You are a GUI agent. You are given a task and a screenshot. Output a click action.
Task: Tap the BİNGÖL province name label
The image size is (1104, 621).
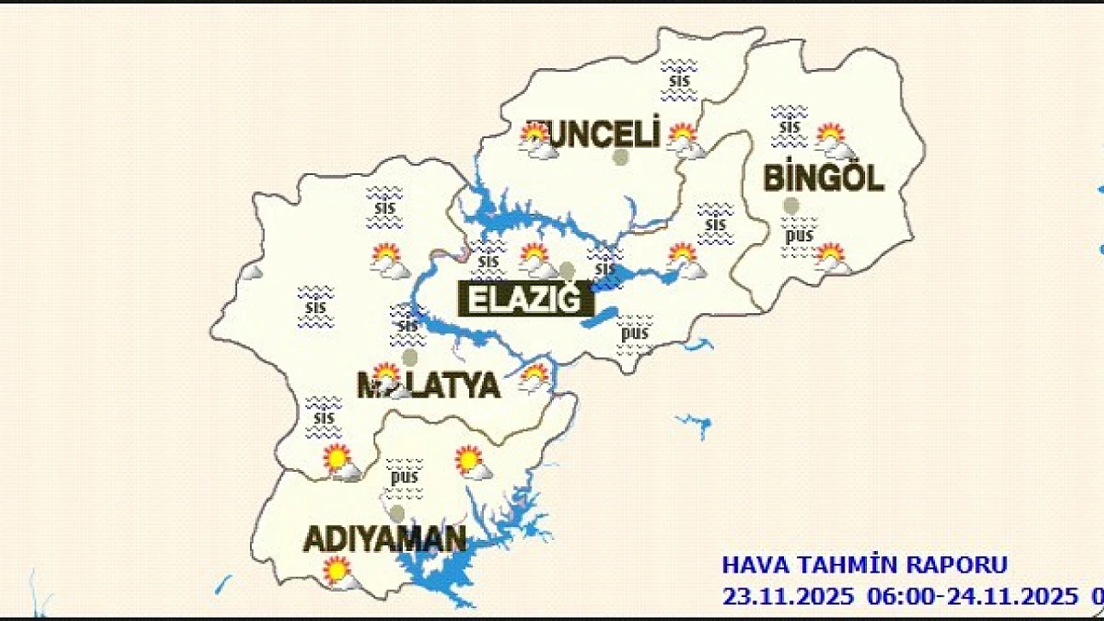tap(822, 178)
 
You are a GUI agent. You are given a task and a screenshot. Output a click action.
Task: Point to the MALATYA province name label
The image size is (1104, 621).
tap(427, 386)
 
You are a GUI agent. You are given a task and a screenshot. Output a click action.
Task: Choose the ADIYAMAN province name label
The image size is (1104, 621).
tap(385, 539)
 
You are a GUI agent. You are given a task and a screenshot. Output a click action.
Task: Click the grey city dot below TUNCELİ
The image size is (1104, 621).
tap(621, 157)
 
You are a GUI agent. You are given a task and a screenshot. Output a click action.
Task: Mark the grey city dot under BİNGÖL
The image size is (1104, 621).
tap(791, 205)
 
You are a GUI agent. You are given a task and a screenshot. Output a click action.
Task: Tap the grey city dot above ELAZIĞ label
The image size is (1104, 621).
tap(567, 270)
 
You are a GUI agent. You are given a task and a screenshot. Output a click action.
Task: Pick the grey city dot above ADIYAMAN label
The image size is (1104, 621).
tap(397, 513)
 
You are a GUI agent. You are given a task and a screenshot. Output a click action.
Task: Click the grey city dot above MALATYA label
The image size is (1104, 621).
tap(410, 357)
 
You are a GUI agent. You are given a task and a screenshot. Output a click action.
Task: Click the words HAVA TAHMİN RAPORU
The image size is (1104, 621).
tap(865, 565)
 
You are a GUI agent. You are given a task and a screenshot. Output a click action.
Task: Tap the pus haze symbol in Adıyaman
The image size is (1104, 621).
tap(404, 477)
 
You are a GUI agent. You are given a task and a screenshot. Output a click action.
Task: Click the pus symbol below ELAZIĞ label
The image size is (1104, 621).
tap(634, 333)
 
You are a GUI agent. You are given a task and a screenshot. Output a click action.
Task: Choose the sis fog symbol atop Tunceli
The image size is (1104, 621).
tap(679, 81)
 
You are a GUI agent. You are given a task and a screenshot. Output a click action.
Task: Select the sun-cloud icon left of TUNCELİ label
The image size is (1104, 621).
tap(538, 141)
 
